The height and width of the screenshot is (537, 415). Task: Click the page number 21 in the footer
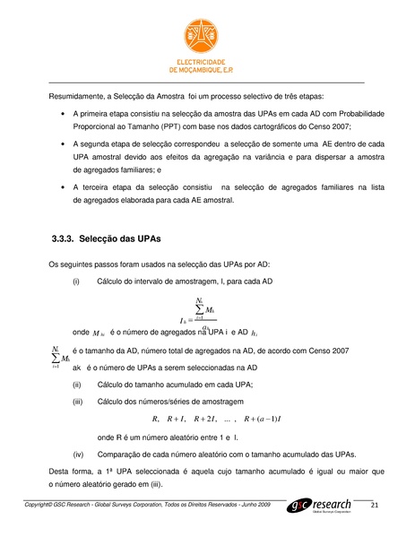click(375, 507)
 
